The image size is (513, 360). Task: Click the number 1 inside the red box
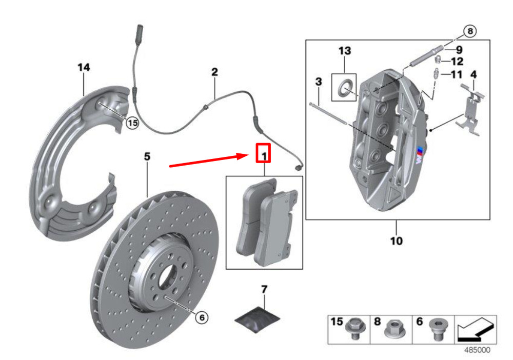click(x=264, y=154)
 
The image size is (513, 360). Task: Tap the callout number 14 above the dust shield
click(x=84, y=67)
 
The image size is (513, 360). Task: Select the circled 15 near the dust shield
click(x=132, y=123)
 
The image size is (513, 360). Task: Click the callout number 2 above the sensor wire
click(x=214, y=72)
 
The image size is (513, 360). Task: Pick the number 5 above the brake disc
click(x=147, y=156)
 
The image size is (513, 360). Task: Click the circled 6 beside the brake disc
click(x=202, y=317)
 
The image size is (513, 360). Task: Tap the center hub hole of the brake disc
click(x=167, y=277)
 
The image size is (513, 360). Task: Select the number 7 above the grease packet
click(x=264, y=289)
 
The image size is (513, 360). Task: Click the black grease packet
click(x=257, y=319)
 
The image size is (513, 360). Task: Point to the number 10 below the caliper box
click(x=396, y=241)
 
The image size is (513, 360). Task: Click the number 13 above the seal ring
click(x=345, y=51)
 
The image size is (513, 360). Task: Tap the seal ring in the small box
click(x=344, y=87)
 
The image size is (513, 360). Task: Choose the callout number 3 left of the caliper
click(x=319, y=82)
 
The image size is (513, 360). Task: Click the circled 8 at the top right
click(x=470, y=31)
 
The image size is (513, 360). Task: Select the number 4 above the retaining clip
click(x=473, y=74)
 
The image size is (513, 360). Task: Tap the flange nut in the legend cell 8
click(x=395, y=329)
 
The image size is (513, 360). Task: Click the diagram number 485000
click(x=477, y=350)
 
